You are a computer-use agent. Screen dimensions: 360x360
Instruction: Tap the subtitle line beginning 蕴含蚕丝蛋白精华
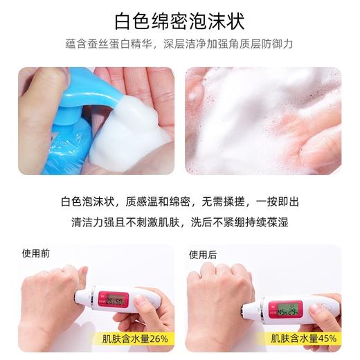coord(180,44)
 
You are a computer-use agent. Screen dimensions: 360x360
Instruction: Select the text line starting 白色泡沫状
coord(180,201)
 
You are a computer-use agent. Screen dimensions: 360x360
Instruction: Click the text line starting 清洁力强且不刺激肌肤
coord(180,223)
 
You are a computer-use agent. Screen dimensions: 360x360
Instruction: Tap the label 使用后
coord(203,254)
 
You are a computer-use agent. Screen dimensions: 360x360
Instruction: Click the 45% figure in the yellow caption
coord(325,339)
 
